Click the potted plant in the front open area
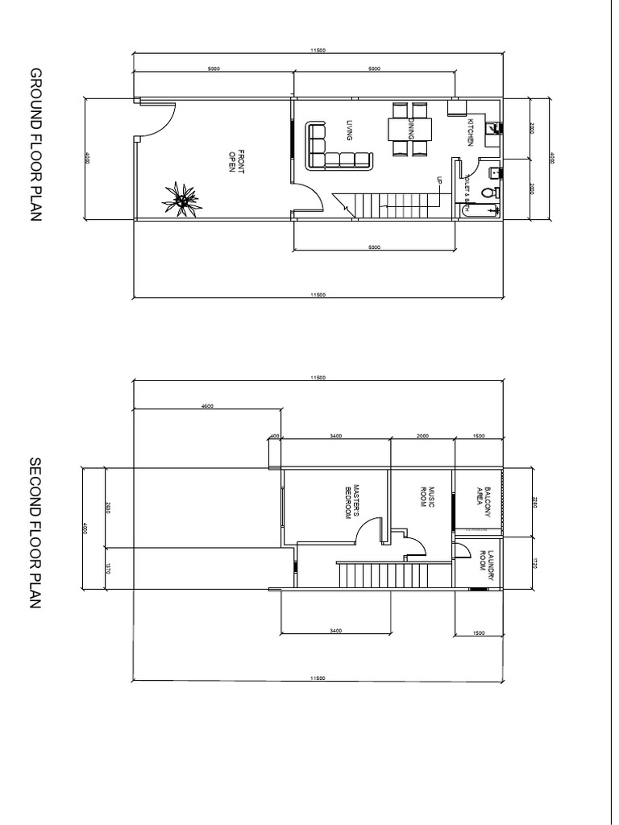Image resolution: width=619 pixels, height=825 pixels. [182, 197]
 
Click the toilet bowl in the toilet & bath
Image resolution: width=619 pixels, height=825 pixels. [486, 193]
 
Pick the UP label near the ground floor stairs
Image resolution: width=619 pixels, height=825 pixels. [439, 181]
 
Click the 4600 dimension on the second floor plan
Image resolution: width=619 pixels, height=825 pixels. [207, 407]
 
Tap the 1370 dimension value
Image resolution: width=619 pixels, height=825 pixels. [107, 569]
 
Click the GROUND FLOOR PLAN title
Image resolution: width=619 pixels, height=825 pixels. [35, 145]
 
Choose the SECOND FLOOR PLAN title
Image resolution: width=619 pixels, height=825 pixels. [35, 533]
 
